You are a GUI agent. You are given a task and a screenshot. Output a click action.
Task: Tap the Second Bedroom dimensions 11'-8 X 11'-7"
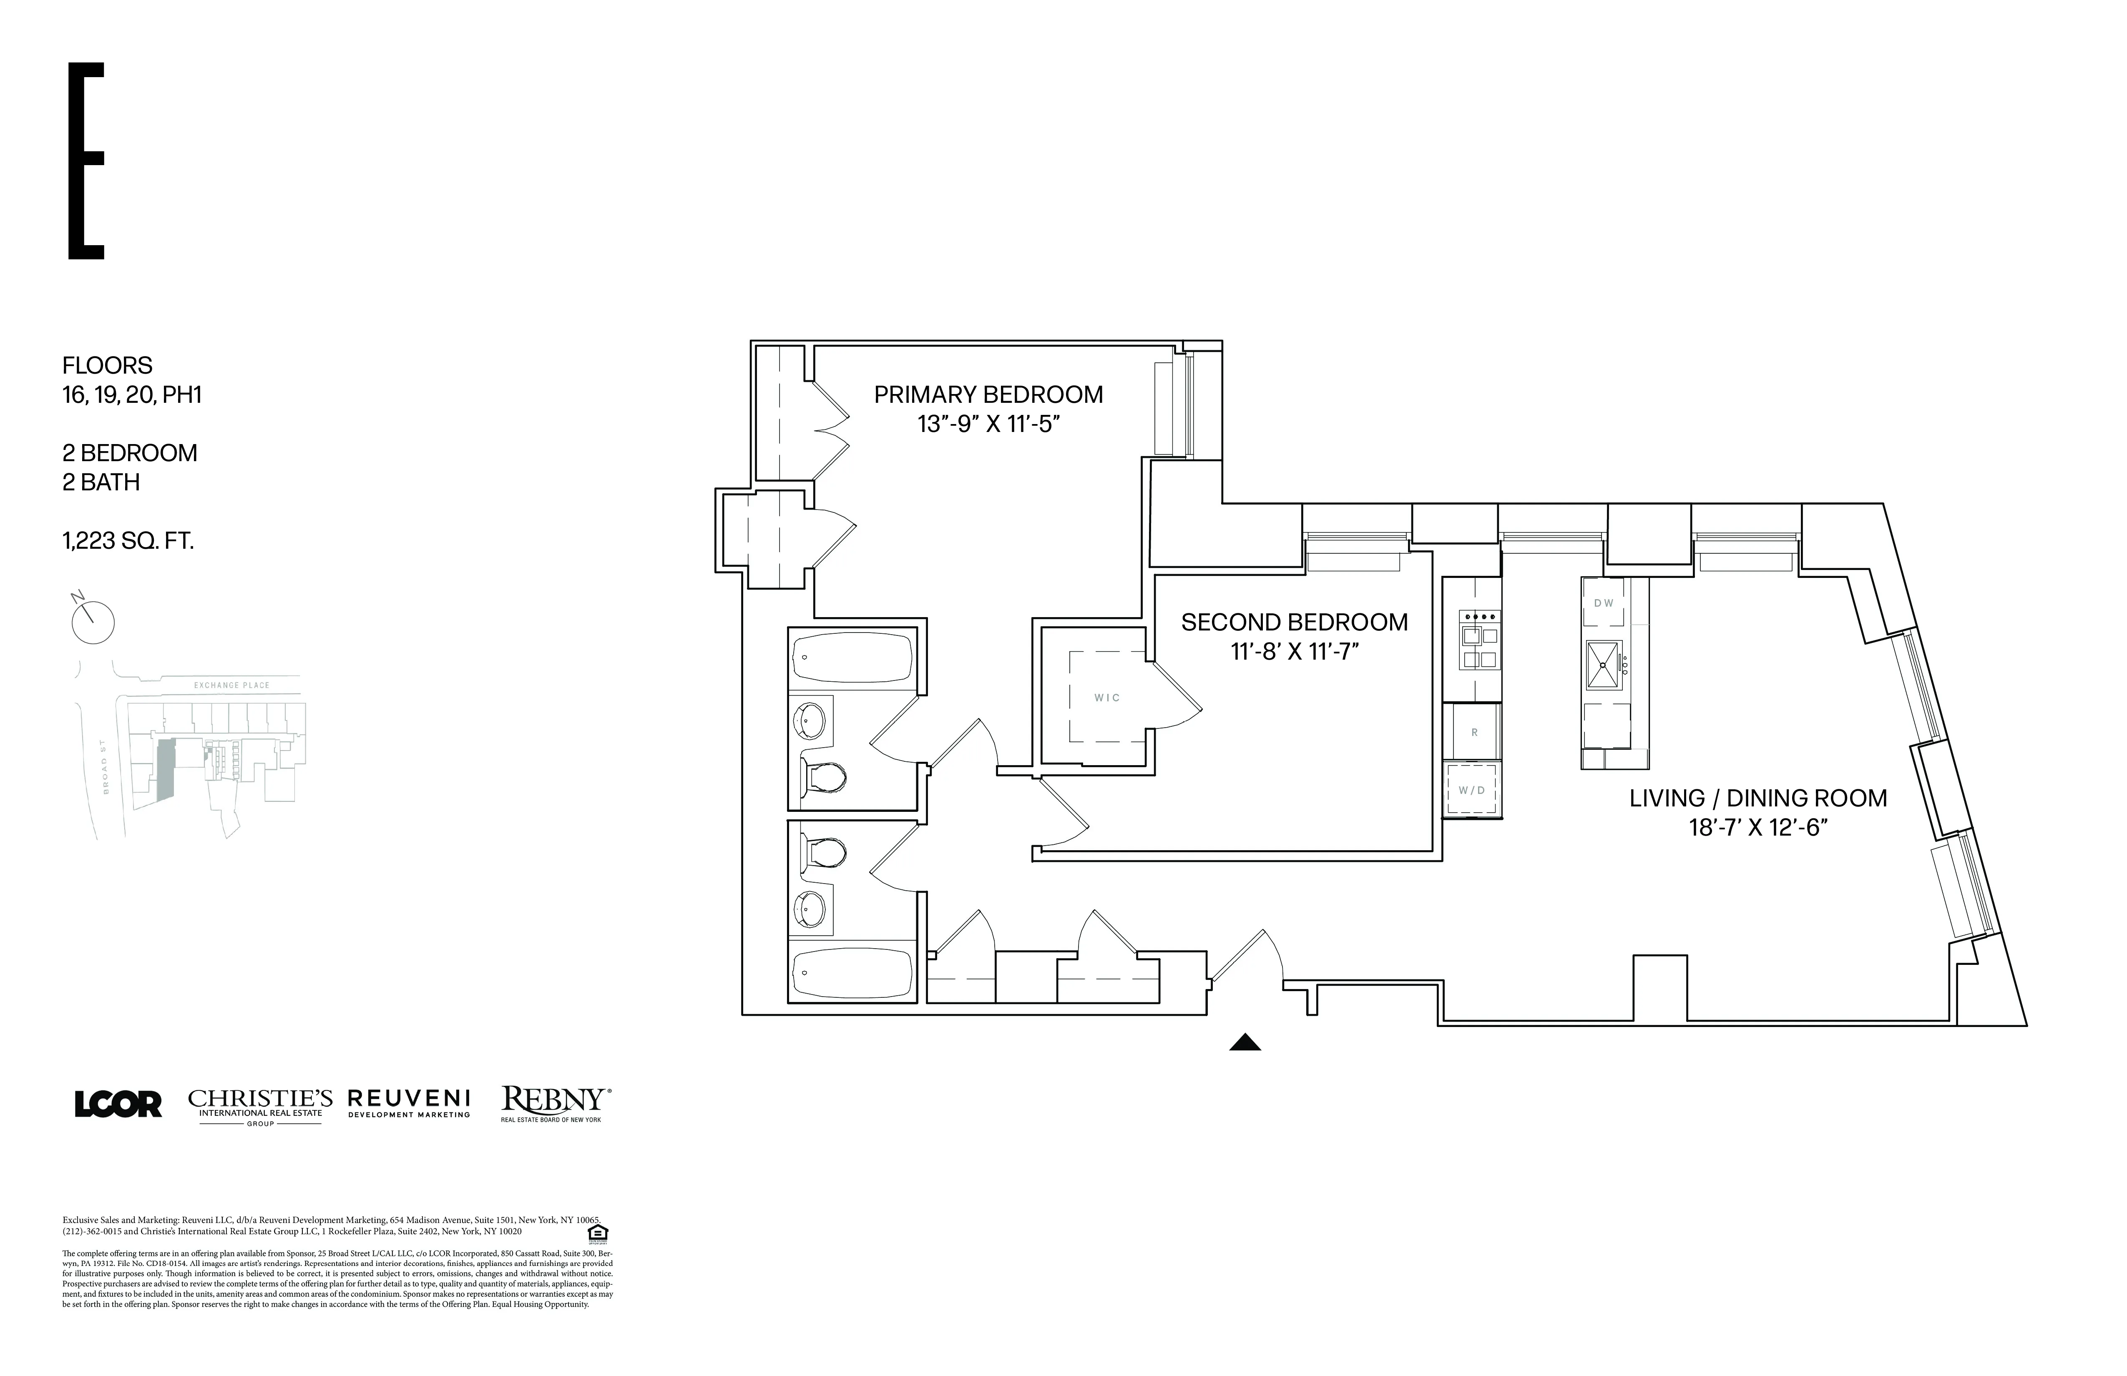click(x=1294, y=652)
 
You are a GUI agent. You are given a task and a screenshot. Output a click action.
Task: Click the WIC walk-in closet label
click(x=1106, y=698)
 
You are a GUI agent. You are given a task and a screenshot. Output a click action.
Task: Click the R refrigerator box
click(x=1474, y=732)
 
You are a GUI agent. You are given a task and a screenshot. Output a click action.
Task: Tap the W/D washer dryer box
click(x=1472, y=790)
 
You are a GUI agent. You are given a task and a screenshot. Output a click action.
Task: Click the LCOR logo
click(x=118, y=1105)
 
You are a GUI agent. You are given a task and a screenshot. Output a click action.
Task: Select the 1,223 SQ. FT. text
click(x=128, y=540)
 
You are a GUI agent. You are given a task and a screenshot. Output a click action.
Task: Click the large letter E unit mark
click(x=87, y=161)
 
